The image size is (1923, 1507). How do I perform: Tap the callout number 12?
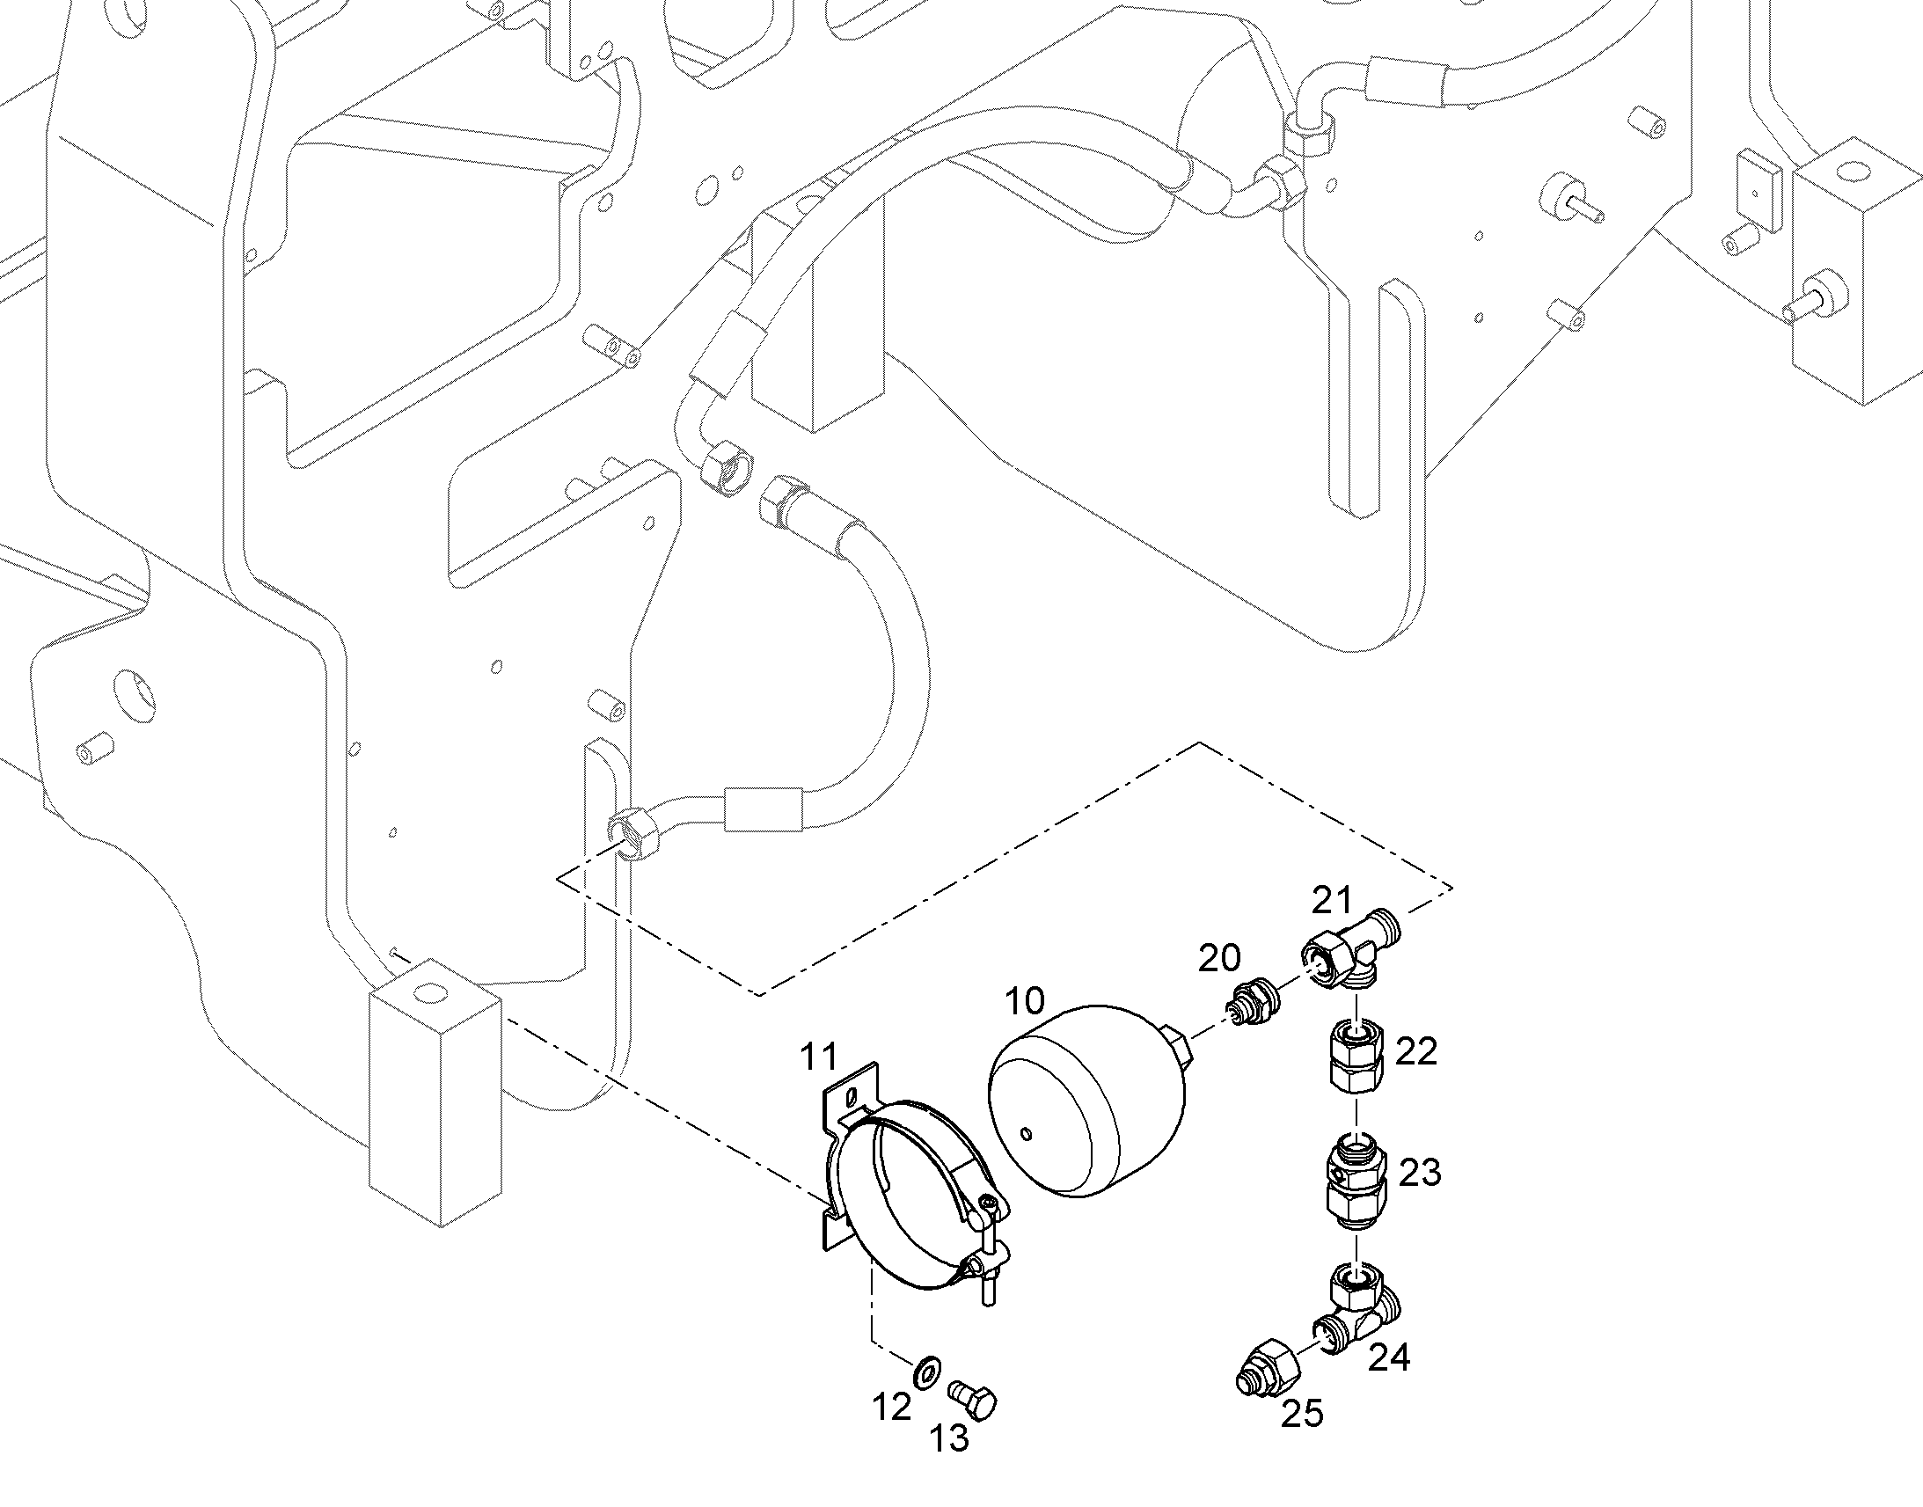click(x=891, y=1408)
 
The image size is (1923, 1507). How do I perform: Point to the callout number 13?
click(x=949, y=1439)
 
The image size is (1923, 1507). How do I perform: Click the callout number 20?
click(x=1219, y=957)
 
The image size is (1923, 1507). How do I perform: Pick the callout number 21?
click(x=1331, y=900)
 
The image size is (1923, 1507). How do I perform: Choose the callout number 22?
click(x=1416, y=1050)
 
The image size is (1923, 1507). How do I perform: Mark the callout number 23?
click(x=1420, y=1172)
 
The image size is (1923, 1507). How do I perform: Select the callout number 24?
click(x=1389, y=1357)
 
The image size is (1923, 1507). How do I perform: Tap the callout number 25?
click(x=1303, y=1414)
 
